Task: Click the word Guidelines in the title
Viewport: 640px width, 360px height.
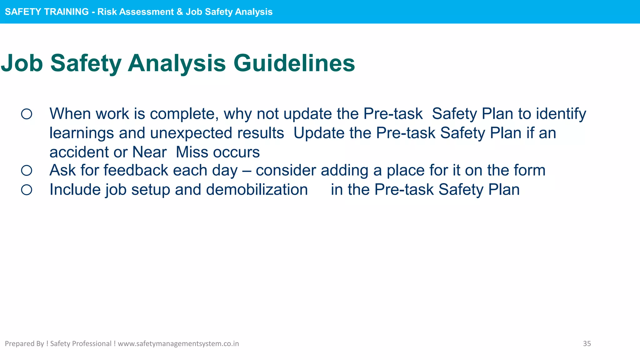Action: click(x=294, y=63)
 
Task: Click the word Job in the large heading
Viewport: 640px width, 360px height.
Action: click(x=22, y=63)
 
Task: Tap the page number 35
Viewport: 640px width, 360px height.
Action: click(x=587, y=344)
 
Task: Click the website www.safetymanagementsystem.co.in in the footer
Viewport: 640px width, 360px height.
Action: click(x=178, y=344)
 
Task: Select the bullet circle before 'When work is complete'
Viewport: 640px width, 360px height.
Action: click(x=27, y=114)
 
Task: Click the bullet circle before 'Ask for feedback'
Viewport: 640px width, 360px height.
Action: click(x=27, y=171)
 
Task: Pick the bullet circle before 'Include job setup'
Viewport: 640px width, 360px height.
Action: click(x=27, y=190)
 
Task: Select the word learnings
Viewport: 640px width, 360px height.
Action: click(x=82, y=133)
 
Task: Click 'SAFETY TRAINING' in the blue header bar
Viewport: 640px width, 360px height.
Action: click(x=47, y=12)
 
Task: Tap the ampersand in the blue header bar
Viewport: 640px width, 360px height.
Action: click(x=180, y=12)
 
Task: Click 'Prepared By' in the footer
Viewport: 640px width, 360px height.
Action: click(x=24, y=344)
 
